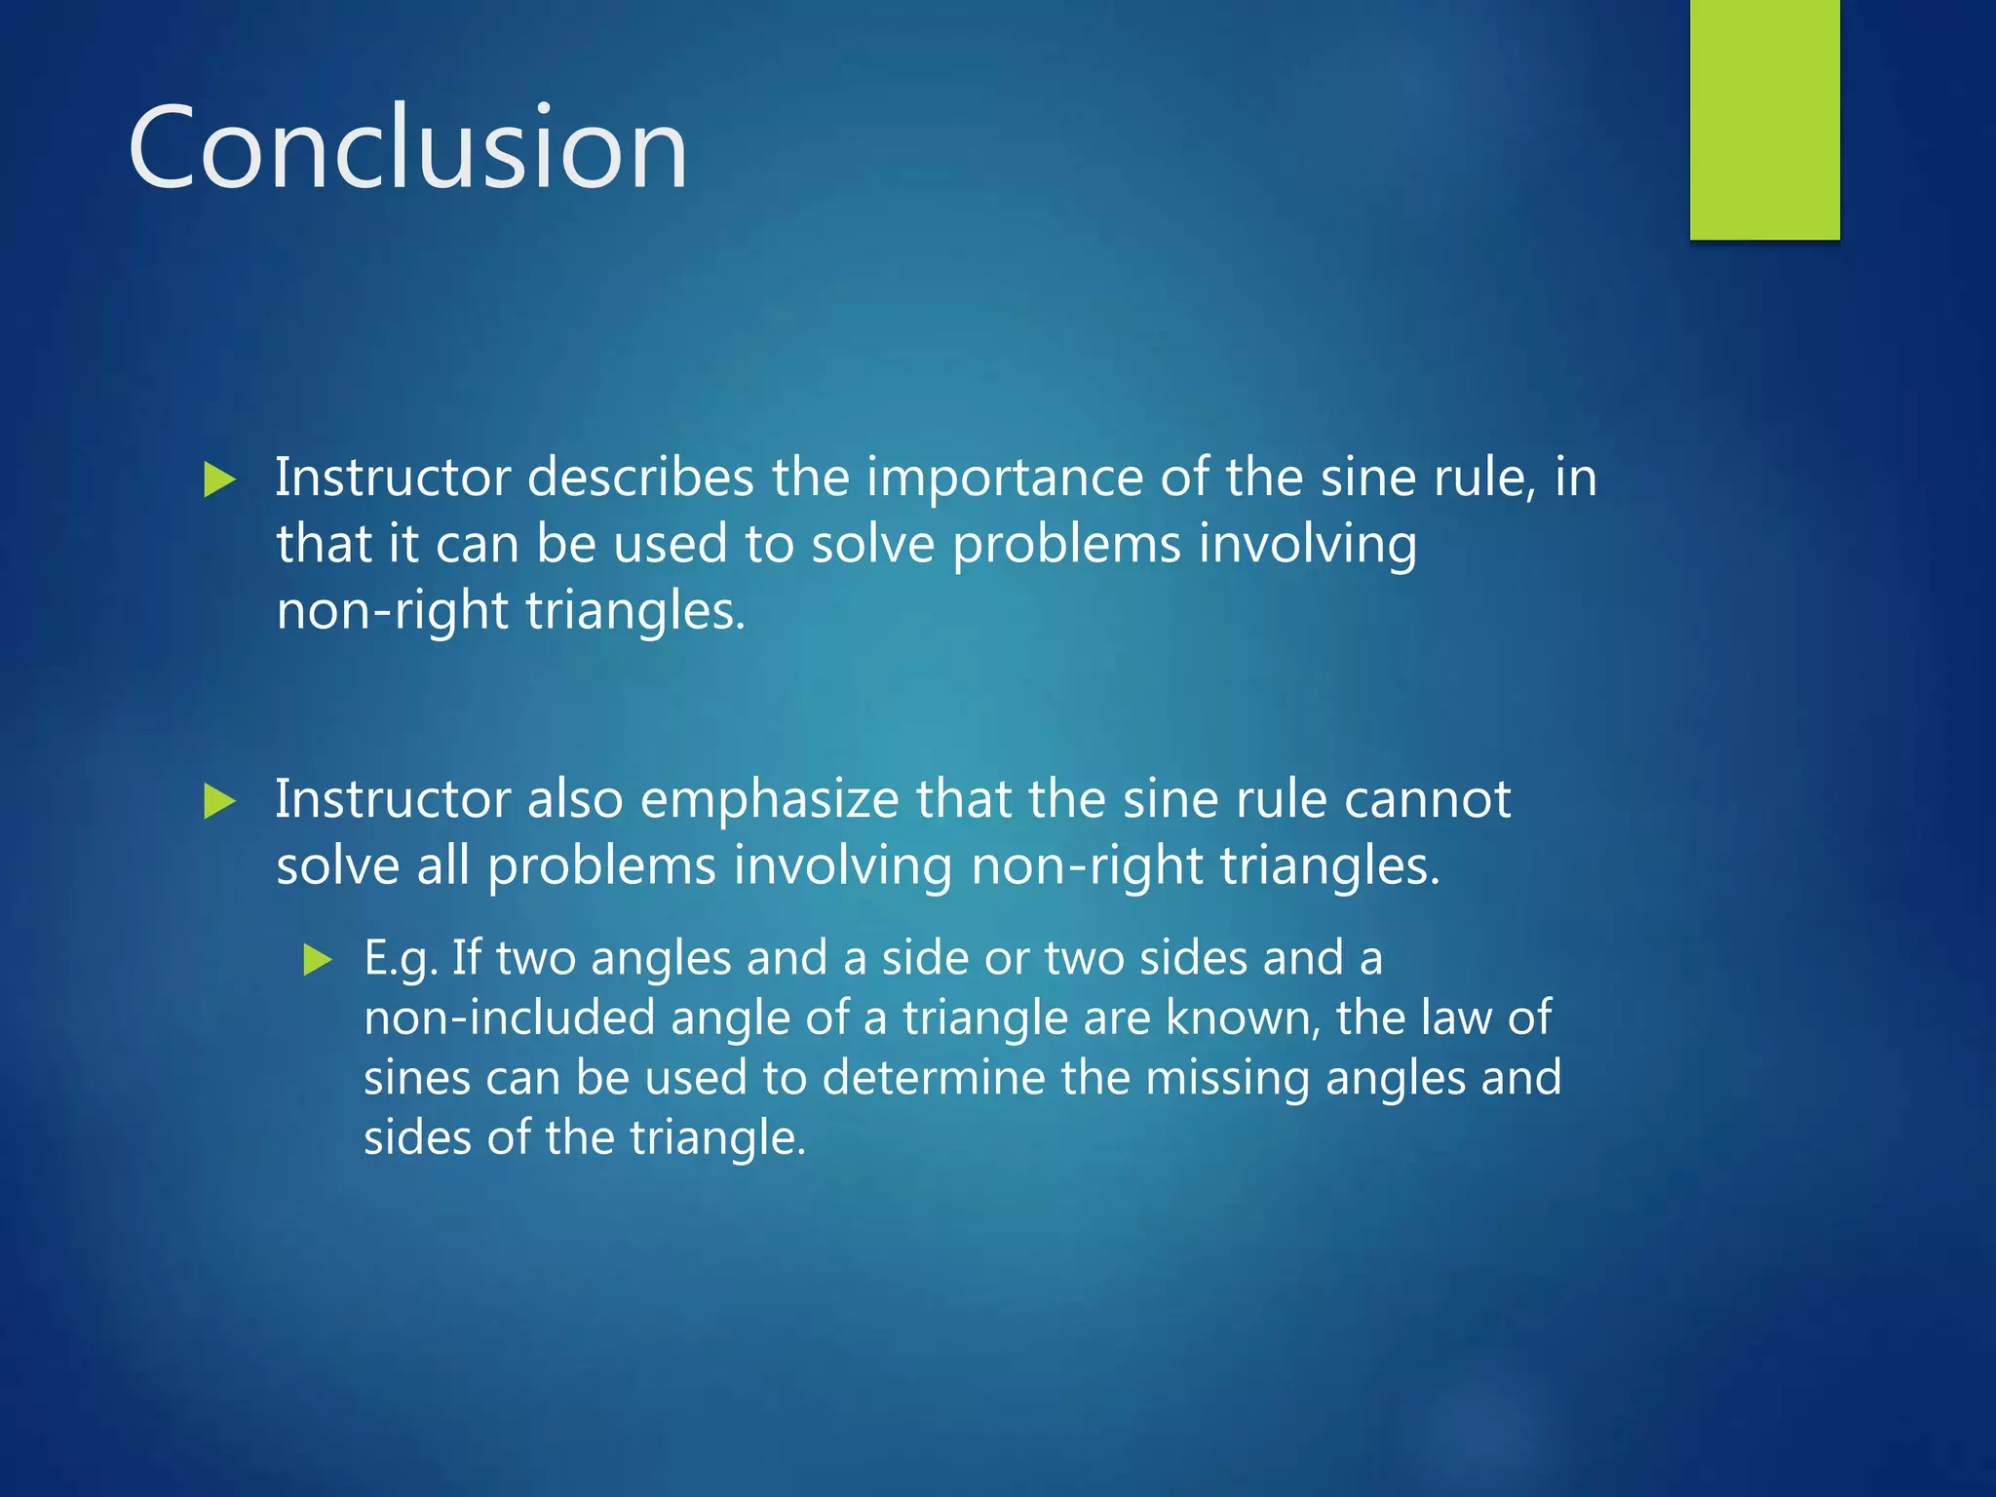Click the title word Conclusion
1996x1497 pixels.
point(407,148)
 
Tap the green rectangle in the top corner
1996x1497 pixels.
point(1764,119)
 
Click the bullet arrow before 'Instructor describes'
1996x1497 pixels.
point(220,480)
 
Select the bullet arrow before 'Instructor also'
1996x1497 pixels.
point(220,802)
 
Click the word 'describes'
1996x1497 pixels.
point(640,478)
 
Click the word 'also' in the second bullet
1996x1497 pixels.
point(575,800)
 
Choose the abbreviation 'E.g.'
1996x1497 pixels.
point(400,959)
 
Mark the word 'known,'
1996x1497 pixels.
point(1243,1018)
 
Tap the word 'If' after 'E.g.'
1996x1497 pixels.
point(467,957)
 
